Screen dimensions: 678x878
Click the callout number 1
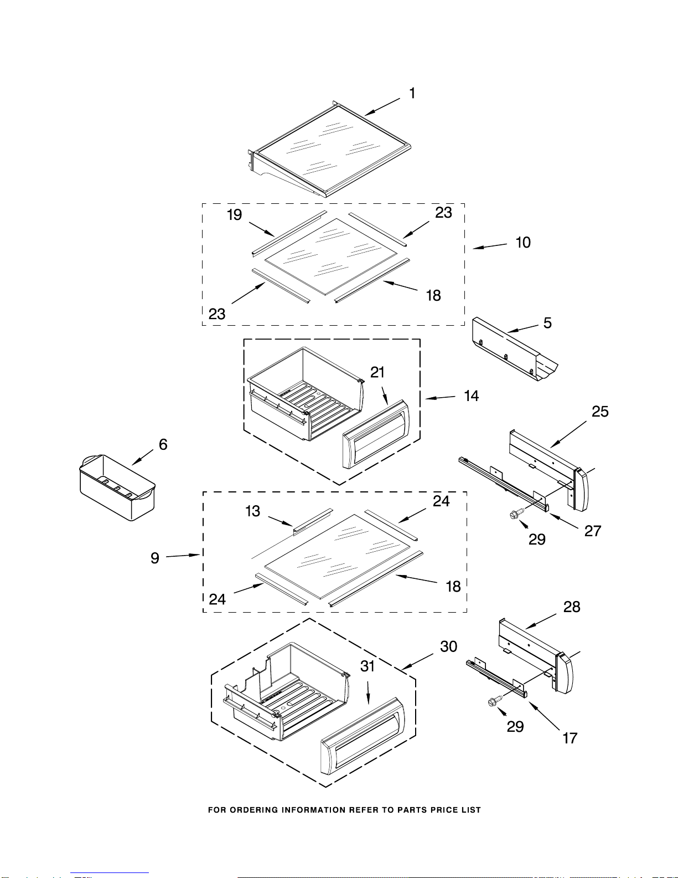[x=412, y=93]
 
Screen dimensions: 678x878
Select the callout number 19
[x=234, y=215]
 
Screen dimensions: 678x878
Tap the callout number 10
[x=523, y=243]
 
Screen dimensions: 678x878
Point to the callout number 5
[x=547, y=323]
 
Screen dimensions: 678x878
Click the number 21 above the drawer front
[x=377, y=372]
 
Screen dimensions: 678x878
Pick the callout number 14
[x=471, y=396]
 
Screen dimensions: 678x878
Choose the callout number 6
[x=163, y=444]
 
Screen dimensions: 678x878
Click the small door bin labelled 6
[x=117, y=487]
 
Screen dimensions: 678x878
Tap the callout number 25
[x=600, y=412]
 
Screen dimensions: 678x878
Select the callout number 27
[x=593, y=531]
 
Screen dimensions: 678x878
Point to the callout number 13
[x=252, y=511]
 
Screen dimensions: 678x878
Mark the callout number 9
[x=155, y=558]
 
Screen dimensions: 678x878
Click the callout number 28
[x=572, y=607]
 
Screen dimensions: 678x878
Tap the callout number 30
[x=448, y=646]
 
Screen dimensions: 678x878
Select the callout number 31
[x=368, y=666]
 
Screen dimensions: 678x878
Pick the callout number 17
[x=570, y=738]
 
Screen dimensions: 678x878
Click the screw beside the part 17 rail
[x=494, y=701]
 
